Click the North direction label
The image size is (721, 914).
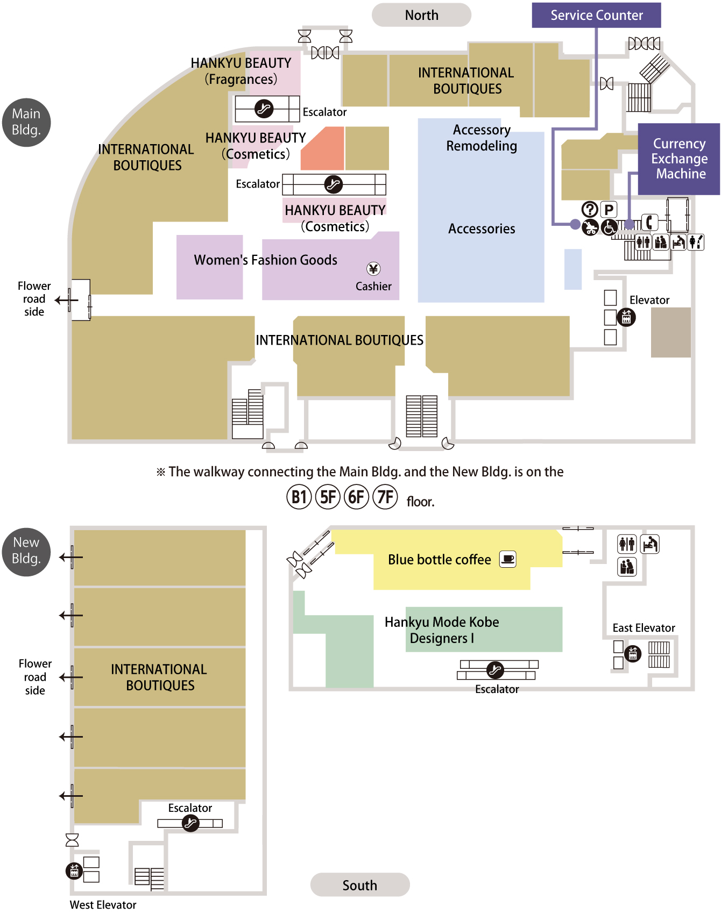[x=421, y=15]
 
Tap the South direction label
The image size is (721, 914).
[x=360, y=885]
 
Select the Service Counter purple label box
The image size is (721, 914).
[x=596, y=15]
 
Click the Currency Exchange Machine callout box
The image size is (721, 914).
[x=679, y=159]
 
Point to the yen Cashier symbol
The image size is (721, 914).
[x=373, y=269]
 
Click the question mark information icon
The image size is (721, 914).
[x=590, y=209]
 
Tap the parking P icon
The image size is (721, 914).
[x=609, y=209]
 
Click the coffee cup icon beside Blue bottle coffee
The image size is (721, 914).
[x=508, y=559]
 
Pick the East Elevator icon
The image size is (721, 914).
[x=633, y=654]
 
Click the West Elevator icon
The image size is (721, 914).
[x=74, y=870]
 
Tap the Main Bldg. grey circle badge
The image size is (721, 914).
[x=26, y=122]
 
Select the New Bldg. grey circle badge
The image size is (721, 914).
[x=26, y=551]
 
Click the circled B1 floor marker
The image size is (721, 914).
[x=299, y=497]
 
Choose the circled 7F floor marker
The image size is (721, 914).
[x=385, y=497]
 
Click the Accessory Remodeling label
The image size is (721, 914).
[x=482, y=138]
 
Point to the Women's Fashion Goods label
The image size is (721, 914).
[x=265, y=260]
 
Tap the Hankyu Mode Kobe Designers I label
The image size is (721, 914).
[x=442, y=630]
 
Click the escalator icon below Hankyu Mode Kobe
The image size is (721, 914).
[x=495, y=670]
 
